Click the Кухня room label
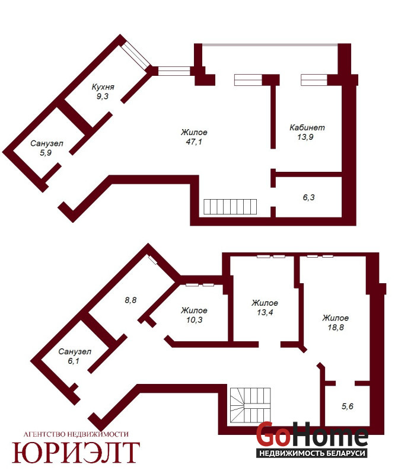103,87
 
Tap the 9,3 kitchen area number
102,97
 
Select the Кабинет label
307,127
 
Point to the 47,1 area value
194,142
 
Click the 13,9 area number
305,137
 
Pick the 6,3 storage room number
309,197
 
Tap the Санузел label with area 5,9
47,143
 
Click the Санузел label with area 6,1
75,351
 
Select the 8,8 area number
130,300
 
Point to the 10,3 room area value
195,320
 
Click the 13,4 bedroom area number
265,312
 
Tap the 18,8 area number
336,328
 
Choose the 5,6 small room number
348,406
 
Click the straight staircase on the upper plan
230,207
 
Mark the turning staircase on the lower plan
250,406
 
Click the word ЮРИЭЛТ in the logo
76,452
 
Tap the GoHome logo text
312,434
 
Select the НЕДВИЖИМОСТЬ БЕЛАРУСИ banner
312,453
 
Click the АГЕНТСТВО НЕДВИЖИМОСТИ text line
76,434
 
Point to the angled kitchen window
136,56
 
